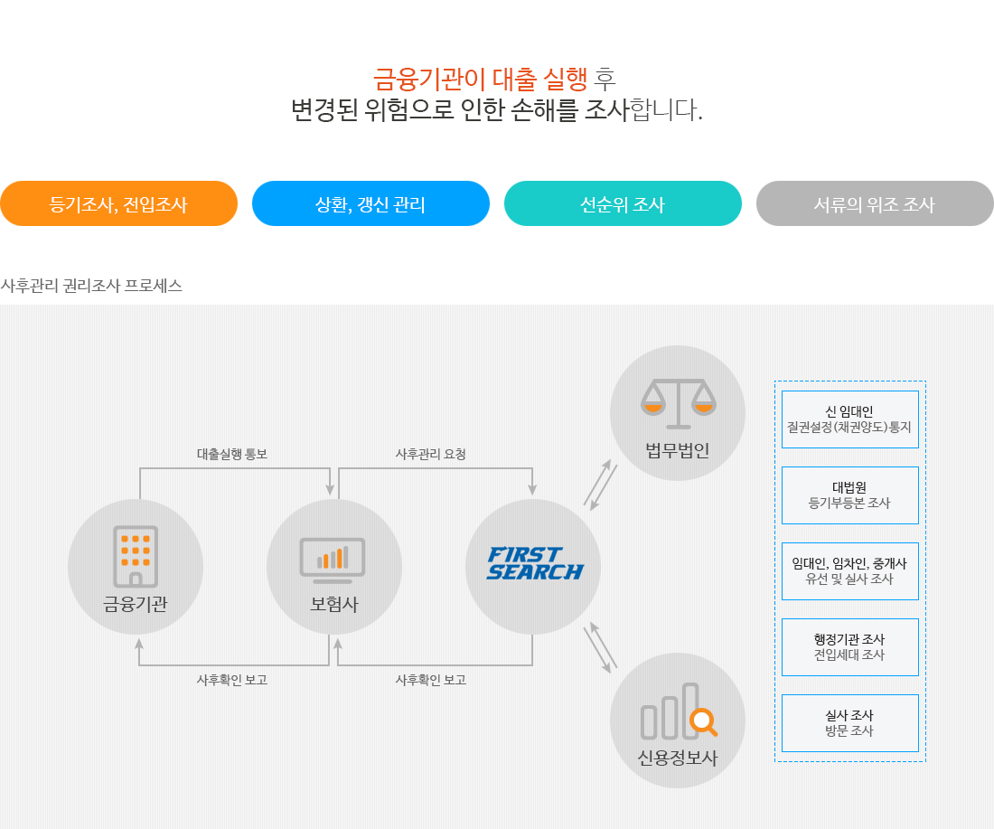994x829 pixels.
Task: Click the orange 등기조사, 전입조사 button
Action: pos(118,203)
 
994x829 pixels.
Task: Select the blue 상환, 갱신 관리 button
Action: pos(370,203)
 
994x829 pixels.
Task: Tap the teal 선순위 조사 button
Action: pos(623,203)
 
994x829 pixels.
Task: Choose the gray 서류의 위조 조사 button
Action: pos(875,203)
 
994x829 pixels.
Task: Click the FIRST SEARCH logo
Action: pos(535,563)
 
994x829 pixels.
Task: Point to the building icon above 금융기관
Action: pos(136,556)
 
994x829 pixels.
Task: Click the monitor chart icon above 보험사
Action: pos(333,561)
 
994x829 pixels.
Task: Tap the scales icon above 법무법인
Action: pos(679,404)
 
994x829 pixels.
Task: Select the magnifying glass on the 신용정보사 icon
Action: pos(704,722)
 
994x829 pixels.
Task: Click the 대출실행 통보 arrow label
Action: pos(232,454)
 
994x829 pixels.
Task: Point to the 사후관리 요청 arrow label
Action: pos(431,454)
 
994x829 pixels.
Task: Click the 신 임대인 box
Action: pos(850,419)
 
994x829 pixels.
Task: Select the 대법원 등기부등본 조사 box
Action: pos(850,495)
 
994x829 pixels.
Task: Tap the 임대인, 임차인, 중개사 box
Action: pos(850,570)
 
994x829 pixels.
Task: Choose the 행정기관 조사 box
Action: pos(850,647)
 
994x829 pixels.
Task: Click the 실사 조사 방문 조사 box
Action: pos(850,723)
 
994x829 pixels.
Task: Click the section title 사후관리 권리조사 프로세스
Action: pos(91,286)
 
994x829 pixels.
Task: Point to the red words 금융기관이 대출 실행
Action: pos(481,80)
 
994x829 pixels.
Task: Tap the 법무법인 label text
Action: pos(678,450)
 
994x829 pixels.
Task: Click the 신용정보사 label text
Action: pos(678,758)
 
